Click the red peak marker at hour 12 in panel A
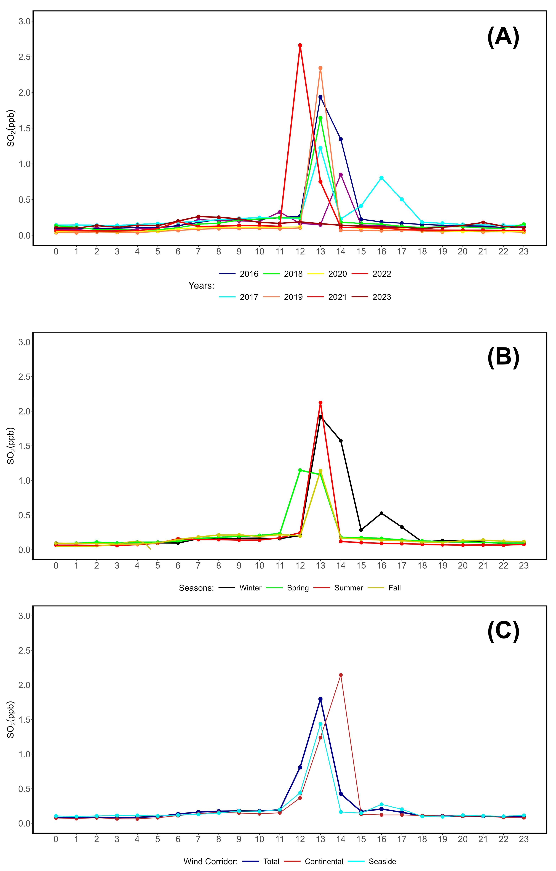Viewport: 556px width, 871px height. click(300, 45)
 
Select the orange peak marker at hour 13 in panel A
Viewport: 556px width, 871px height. click(320, 68)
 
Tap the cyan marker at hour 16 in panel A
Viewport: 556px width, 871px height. click(381, 178)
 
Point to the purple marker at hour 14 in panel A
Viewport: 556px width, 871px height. click(341, 174)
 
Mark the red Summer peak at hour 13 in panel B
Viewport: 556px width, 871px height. click(320, 403)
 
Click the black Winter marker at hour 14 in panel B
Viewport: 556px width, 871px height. click(341, 440)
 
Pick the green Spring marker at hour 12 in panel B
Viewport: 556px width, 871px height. click(300, 470)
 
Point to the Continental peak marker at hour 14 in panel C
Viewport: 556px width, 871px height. click(341, 675)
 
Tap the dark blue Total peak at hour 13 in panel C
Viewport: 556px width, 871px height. click(320, 699)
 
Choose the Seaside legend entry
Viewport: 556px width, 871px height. click(372, 861)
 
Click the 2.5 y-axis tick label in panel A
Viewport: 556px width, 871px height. click(25, 57)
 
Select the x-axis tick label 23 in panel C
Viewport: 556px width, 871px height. click(523, 839)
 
